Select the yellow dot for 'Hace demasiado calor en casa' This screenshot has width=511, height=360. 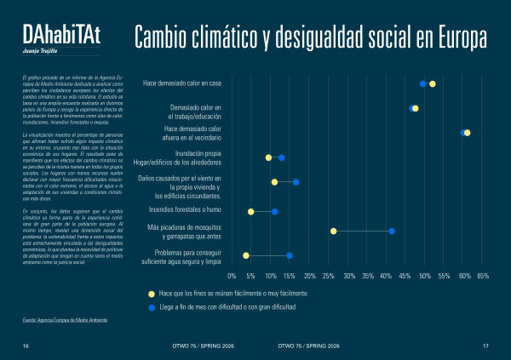tap(433, 83)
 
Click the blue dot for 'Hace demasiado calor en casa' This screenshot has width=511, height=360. tap(422, 83)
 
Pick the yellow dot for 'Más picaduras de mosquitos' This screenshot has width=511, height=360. tap(333, 231)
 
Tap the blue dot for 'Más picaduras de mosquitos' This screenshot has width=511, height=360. tap(392, 231)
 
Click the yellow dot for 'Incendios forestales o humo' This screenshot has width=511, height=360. tap(250, 211)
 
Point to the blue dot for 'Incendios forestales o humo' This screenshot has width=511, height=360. tap(274, 211)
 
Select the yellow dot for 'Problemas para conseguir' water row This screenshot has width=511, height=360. tap(246, 255)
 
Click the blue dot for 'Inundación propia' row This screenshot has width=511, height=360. tap(281, 157)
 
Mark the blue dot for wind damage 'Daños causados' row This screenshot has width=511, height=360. tap(296, 181)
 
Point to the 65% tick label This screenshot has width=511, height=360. tap(483, 277)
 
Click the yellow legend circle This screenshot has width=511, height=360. tap(151, 293)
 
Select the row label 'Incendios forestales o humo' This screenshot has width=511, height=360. tap(185, 209)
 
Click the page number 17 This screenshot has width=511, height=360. tap(485, 346)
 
